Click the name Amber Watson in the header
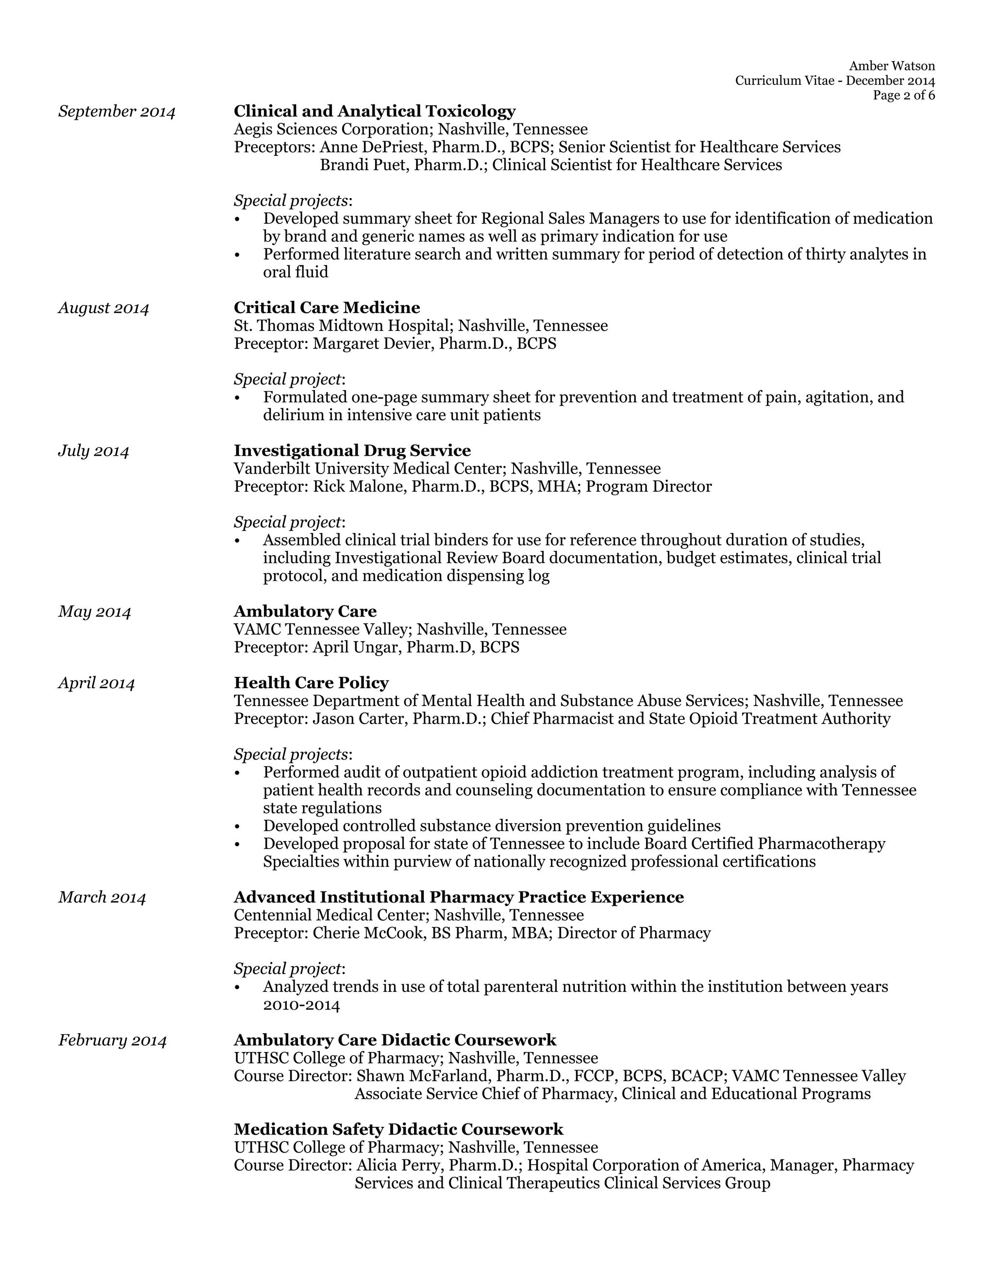pyautogui.click(x=892, y=66)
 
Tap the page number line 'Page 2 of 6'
pyautogui.click(x=903, y=96)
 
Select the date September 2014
pyautogui.click(x=116, y=112)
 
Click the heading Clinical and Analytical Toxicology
pyautogui.click(x=375, y=111)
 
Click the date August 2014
pyautogui.click(x=104, y=308)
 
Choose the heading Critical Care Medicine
pyautogui.click(x=327, y=307)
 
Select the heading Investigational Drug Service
pyautogui.click(x=352, y=450)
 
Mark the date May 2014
pyautogui.click(x=94, y=612)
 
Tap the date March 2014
pyautogui.click(x=102, y=897)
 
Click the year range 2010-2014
pyautogui.click(x=301, y=1005)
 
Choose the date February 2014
pyautogui.click(x=113, y=1040)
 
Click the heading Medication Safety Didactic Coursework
pyautogui.click(x=398, y=1129)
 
